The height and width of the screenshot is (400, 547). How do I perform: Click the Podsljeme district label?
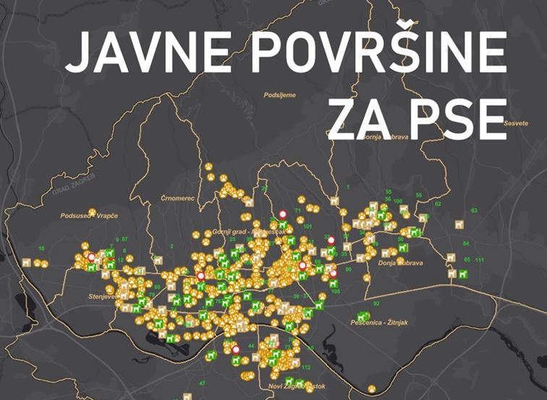[280, 95]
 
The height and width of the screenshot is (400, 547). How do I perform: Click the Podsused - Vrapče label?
[86, 216]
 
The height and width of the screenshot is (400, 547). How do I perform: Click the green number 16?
[41, 249]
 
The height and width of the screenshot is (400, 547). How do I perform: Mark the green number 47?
[203, 383]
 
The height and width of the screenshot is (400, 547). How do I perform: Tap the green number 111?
[479, 260]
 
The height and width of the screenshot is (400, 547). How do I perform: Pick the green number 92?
[376, 304]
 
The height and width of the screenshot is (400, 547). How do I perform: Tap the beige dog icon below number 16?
[27, 262]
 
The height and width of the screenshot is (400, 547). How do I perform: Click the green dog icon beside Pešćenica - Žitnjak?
[362, 317]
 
